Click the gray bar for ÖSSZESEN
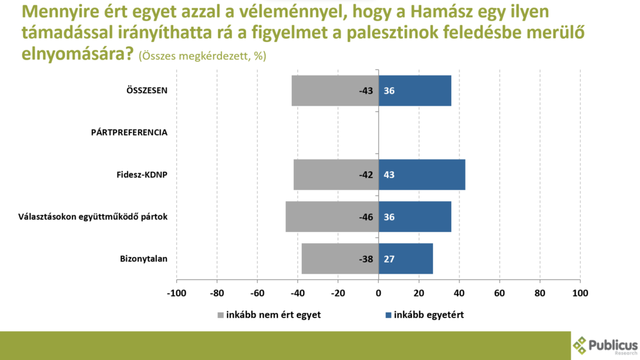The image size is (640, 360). point(325,91)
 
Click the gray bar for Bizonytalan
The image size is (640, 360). point(331,259)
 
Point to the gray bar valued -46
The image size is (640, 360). point(322,217)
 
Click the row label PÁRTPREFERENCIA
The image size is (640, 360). point(129,132)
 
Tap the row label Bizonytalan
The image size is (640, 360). point(144,259)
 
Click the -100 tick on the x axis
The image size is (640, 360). point(176,292)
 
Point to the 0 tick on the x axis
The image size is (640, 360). point(378,292)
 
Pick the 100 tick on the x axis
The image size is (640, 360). point(581,292)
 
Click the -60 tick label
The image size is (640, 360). point(257,292)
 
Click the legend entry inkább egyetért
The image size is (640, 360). point(429,315)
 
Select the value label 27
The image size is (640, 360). point(389,259)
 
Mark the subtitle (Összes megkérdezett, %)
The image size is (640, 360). point(204,56)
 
